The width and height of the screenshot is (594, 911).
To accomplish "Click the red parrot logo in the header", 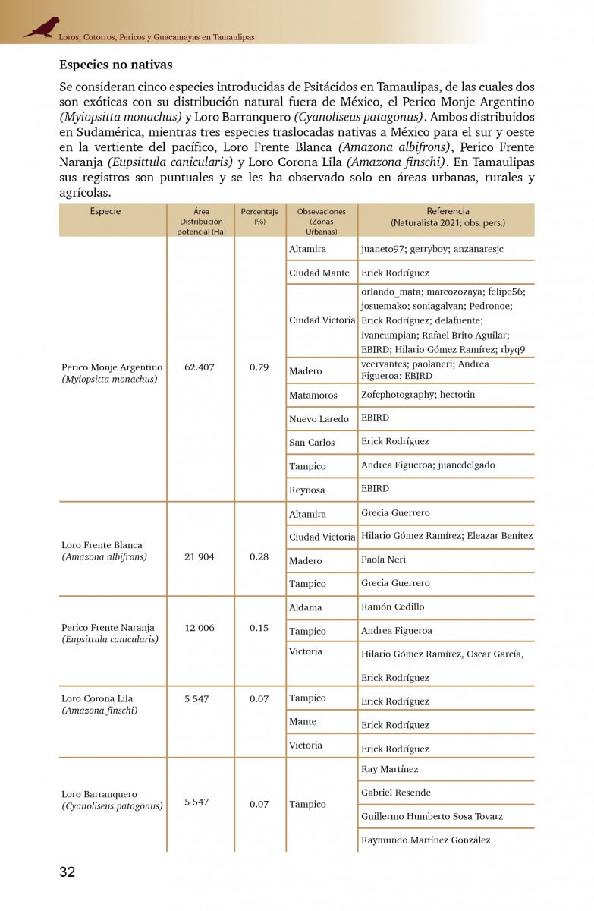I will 42,27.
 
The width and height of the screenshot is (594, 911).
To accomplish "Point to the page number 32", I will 68,872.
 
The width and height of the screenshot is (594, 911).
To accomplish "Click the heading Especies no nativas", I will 116,65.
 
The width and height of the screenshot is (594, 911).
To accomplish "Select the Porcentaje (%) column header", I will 259,216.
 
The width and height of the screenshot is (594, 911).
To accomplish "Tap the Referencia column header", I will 448,217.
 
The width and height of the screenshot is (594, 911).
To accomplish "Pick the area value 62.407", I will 200,367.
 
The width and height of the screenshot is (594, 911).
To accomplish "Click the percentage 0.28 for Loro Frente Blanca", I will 259,557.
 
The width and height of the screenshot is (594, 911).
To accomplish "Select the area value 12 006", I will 200,628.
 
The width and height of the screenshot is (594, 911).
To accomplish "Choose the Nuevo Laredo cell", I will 319,419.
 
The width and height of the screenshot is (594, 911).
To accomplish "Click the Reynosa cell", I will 307,490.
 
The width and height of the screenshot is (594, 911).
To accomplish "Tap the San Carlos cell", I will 311,443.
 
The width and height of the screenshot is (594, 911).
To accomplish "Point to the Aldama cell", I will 306,607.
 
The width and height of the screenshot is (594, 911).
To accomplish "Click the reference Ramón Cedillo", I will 392,607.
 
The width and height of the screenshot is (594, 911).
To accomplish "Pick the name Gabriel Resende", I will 395,793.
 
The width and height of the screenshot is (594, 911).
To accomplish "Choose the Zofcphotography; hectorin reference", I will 418,395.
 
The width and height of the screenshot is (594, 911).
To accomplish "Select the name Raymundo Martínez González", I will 426,840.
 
